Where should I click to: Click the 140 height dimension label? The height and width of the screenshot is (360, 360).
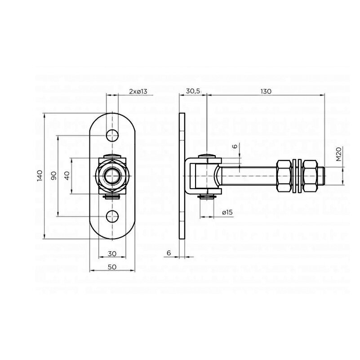pyautogui.click(x=40, y=176)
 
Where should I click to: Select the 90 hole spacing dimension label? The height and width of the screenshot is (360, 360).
pyautogui.click(x=53, y=176)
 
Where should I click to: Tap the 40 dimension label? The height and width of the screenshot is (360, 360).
pyautogui.click(x=67, y=176)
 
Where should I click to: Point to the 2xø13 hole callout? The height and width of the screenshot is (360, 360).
pyautogui.click(x=138, y=91)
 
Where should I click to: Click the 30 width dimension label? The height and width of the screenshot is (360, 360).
pyautogui.click(x=112, y=253)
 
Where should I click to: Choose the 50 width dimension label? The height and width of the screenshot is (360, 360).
pyautogui.click(x=112, y=267)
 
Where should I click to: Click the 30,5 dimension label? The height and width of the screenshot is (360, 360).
pyautogui.click(x=193, y=91)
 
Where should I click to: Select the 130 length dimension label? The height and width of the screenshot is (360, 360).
pyautogui.click(x=266, y=91)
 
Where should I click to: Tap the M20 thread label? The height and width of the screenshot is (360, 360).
pyautogui.click(x=339, y=154)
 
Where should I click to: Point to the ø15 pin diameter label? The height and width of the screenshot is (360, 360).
pyautogui.click(x=227, y=213)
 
